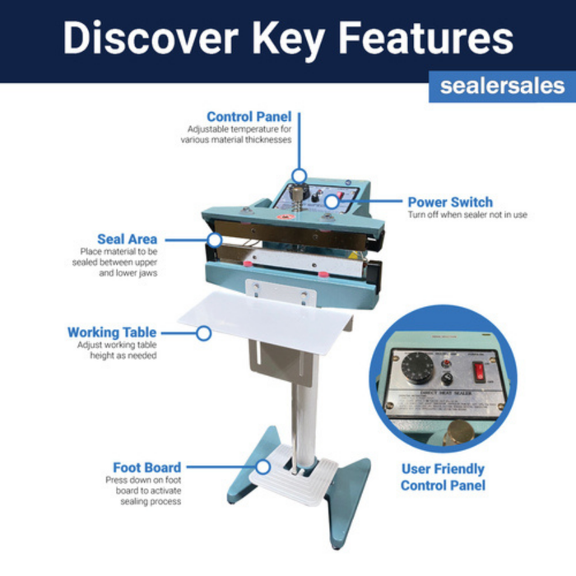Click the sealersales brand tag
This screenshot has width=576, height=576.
pyautogui.click(x=502, y=86)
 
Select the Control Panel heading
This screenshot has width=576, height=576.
pyautogui.click(x=249, y=117)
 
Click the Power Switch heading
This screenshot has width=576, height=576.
pyautogui.click(x=450, y=202)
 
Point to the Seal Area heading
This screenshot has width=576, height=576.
pyautogui.click(x=127, y=239)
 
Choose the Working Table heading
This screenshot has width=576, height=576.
pyautogui.click(x=112, y=332)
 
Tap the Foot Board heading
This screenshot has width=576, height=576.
pyautogui.click(x=147, y=467)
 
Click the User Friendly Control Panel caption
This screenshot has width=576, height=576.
pyautogui.click(x=443, y=477)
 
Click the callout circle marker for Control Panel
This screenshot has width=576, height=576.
pyautogui.click(x=300, y=175)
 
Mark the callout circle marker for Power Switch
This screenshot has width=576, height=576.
pyautogui.click(x=331, y=202)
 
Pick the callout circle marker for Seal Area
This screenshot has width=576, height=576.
pyautogui.click(x=215, y=240)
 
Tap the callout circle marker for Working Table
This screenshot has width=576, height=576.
pyautogui.click(x=204, y=332)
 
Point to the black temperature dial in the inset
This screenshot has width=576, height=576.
pyautogui.click(x=415, y=365)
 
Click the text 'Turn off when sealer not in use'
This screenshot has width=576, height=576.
pyautogui.click(x=467, y=215)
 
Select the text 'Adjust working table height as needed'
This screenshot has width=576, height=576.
pyautogui.click(x=117, y=351)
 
